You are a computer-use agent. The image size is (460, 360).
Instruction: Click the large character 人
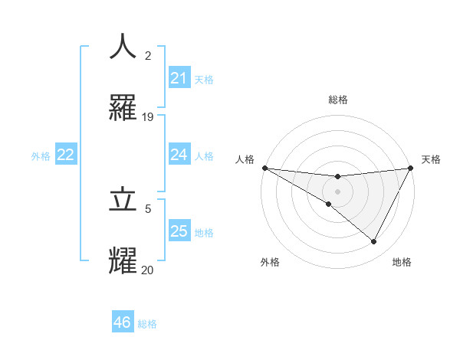pos(123,46)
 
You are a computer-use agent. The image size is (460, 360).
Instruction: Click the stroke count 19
pos(148,117)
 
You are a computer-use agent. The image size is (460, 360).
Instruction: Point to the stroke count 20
pos(148,270)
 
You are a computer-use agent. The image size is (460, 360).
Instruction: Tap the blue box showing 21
pos(179,78)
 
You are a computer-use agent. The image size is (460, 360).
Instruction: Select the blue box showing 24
pos(179,155)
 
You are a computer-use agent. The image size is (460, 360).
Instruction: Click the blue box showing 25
pos(179,231)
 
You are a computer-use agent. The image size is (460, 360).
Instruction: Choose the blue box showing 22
pos(66,155)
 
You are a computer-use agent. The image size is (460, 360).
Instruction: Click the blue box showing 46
pos(122,322)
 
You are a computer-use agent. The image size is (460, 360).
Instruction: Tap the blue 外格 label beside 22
pos(41,155)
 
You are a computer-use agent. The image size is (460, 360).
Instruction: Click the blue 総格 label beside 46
pos(147,324)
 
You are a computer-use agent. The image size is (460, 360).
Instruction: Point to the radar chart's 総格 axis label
pos(337,100)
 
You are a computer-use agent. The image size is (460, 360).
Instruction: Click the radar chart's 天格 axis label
pos(431,159)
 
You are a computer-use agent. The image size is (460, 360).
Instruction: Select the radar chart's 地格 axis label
pos(402,262)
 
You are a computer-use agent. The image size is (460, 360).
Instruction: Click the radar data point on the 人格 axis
pos(264,168)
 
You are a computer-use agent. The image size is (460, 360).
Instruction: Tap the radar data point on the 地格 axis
pos(374,242)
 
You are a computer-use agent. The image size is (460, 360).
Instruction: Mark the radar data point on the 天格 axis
pos(411,168)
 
